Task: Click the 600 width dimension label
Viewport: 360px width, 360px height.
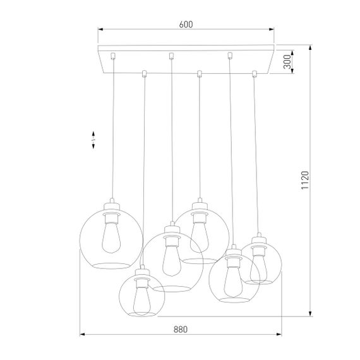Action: click(185, 25)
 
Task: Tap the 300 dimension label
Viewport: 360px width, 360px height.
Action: click(287, 61)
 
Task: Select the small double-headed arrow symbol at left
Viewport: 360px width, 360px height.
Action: click(93, 140)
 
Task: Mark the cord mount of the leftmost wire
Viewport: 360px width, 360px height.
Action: click(112, 55)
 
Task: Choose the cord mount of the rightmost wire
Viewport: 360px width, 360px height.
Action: click(255, 74)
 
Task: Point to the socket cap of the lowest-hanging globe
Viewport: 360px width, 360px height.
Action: click(141, 273)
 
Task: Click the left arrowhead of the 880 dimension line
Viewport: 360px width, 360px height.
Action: click(81, 334)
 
